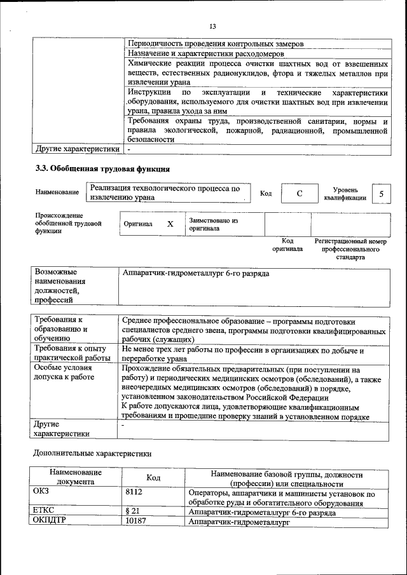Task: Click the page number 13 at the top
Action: [212, 26]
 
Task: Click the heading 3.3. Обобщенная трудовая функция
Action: [102, 169]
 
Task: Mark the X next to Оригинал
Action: [170, 224]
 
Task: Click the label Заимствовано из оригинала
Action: [213, 224]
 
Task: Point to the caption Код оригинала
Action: [287, 245]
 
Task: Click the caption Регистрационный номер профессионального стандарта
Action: [350, 250]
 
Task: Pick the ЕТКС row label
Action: [43, 511]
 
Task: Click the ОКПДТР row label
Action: [49, 521]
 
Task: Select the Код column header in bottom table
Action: [153, 478]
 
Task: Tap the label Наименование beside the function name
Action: [57, 192]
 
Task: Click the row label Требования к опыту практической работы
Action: [72, 353]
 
